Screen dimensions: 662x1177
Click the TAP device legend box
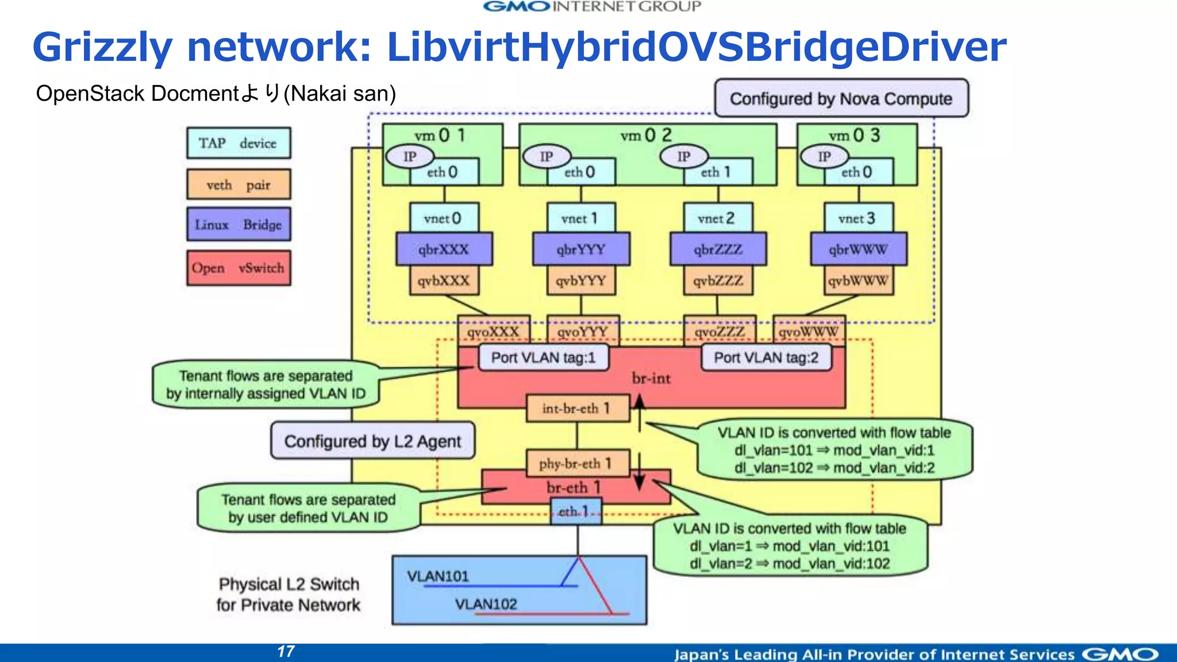coord(239,143)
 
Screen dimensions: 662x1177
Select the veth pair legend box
coord(239,184)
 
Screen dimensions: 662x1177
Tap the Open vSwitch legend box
coord(239,268)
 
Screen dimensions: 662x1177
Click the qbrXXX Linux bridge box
coord(444,249)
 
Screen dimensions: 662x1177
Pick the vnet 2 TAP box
coord(717,218)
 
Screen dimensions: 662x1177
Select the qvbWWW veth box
coord(857,281)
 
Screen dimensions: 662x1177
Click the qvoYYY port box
coord(583,332)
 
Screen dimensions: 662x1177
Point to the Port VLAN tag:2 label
coord(766,357)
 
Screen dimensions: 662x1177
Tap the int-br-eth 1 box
coord(577,409)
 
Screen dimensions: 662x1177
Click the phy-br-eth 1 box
coord(577,463)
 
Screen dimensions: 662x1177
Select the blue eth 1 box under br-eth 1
coord(576,511)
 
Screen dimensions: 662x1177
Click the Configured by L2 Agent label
coord(372,441)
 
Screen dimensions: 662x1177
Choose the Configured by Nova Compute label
coord(841,98)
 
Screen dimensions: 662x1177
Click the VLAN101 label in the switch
coord(438,576)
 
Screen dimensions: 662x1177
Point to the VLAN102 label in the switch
coord(486,604)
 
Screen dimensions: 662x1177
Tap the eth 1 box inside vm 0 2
coord(717,172)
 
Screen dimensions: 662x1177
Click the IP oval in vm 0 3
coord(824,156)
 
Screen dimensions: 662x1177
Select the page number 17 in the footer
coord(286,651)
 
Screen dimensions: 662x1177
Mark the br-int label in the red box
coord(651,378)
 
